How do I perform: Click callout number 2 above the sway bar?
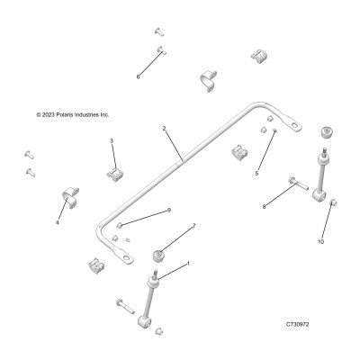coord(164,129)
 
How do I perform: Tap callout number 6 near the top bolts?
coord(138,76)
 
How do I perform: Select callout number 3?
coord(112,140)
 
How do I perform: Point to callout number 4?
coord(57,222)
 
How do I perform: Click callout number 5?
coord(256,173)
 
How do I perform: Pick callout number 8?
coord(264,206)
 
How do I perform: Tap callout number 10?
coord(320,241)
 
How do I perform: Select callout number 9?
coord(169,211)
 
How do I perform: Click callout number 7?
coord(193,226)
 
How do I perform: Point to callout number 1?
coord(188,264)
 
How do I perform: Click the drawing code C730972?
coord(297,324)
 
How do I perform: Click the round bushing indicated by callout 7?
coord(158,256)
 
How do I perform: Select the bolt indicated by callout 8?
coord(298,183)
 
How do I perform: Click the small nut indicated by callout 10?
coord(334,202)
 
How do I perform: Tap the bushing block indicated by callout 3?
coord(115,174)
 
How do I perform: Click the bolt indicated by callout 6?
coord(161,50)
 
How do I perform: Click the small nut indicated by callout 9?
coord(119,225)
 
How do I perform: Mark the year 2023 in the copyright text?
coord(48,114)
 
